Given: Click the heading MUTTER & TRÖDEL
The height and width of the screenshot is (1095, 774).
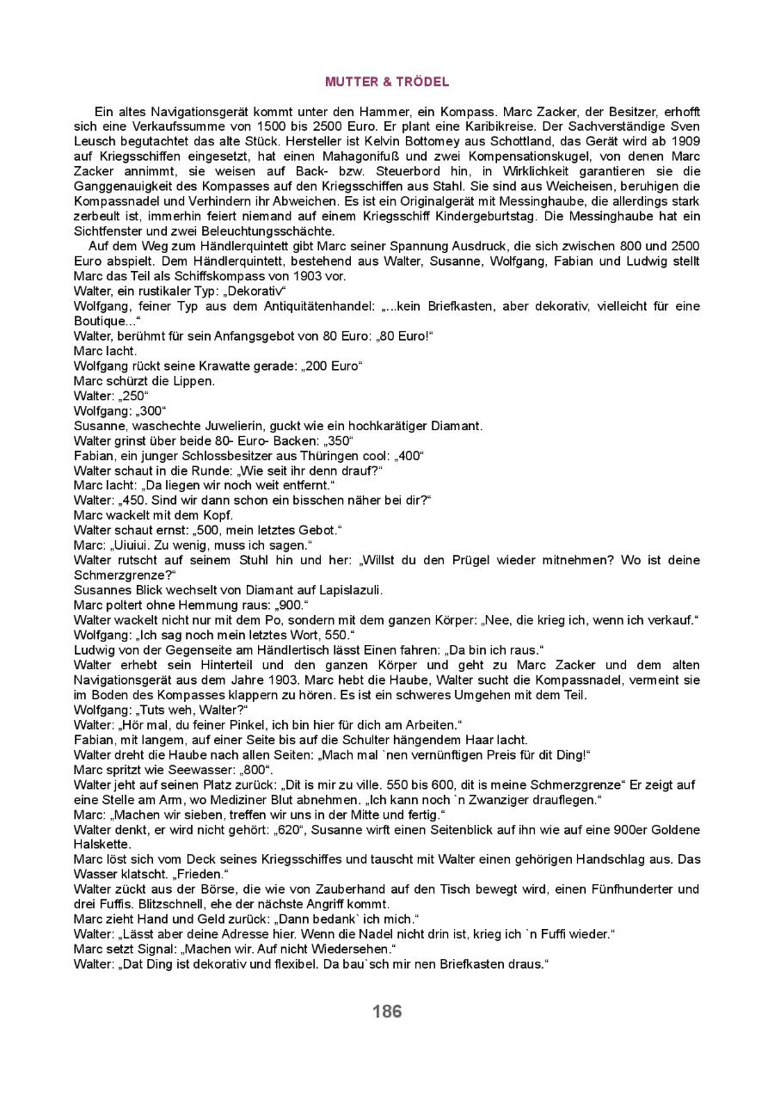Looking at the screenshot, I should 387,82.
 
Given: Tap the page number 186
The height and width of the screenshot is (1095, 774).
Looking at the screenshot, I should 387,1012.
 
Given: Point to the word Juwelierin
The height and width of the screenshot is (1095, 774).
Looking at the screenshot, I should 224,425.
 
